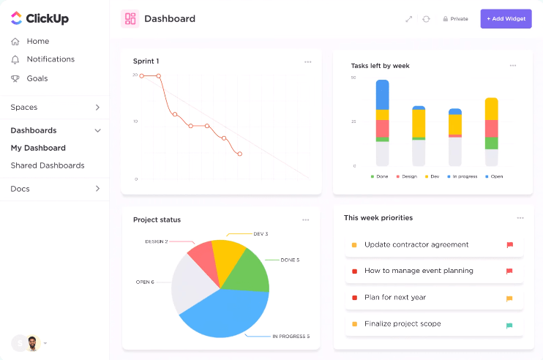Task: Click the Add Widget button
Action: [506, 18]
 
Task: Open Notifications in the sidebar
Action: [50, 59]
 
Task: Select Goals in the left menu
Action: [37, 78]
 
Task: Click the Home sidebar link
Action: [37, 41]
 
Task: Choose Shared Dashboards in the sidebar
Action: [47, 165]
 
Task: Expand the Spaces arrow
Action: [97, 108]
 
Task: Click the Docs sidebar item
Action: [20, 189]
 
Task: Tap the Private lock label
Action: [455, 19]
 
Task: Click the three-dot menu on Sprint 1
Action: [307, 61]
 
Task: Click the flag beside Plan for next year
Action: [509, 299]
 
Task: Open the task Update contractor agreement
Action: [416, 244]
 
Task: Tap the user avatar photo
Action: [32, 342]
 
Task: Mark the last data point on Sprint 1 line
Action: [239, 154]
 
